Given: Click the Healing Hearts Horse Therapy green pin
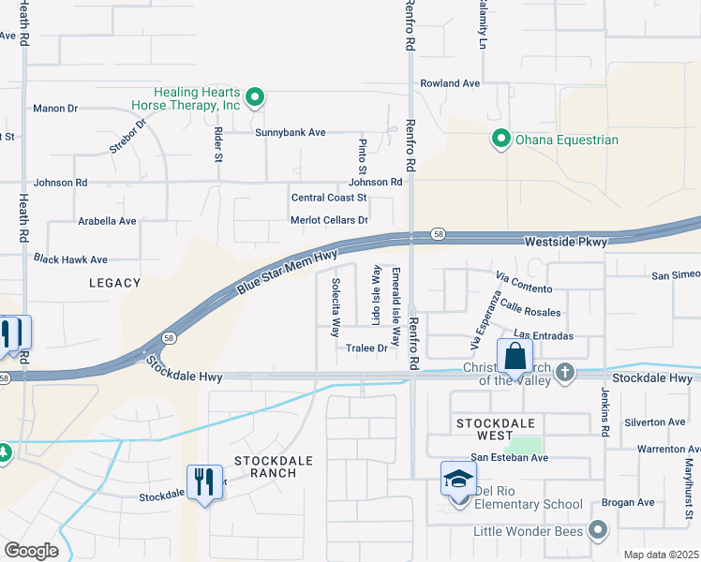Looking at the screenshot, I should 254,98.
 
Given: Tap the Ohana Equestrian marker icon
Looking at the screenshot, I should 500,140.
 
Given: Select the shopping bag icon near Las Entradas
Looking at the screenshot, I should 515,357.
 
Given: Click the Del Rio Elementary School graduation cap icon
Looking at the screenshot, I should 458,479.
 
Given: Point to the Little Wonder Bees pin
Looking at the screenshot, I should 597,531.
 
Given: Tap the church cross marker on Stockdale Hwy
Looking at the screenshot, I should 564,373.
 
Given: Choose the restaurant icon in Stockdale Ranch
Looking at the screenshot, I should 204,482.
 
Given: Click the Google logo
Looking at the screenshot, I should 31,551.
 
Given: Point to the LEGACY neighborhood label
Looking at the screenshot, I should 115,282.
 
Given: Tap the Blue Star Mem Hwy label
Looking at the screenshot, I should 286,271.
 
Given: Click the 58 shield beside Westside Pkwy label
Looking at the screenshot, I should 437,233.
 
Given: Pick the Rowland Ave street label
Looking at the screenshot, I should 450,83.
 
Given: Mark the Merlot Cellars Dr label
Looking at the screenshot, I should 329,220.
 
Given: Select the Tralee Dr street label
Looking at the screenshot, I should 366,348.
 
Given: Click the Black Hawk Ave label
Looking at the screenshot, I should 70,259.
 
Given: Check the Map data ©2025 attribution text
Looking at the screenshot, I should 660,555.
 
